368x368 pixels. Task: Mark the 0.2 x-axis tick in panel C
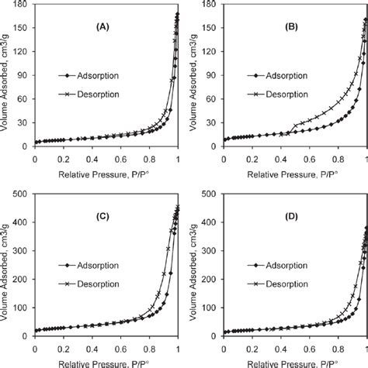tap(62, 349)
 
